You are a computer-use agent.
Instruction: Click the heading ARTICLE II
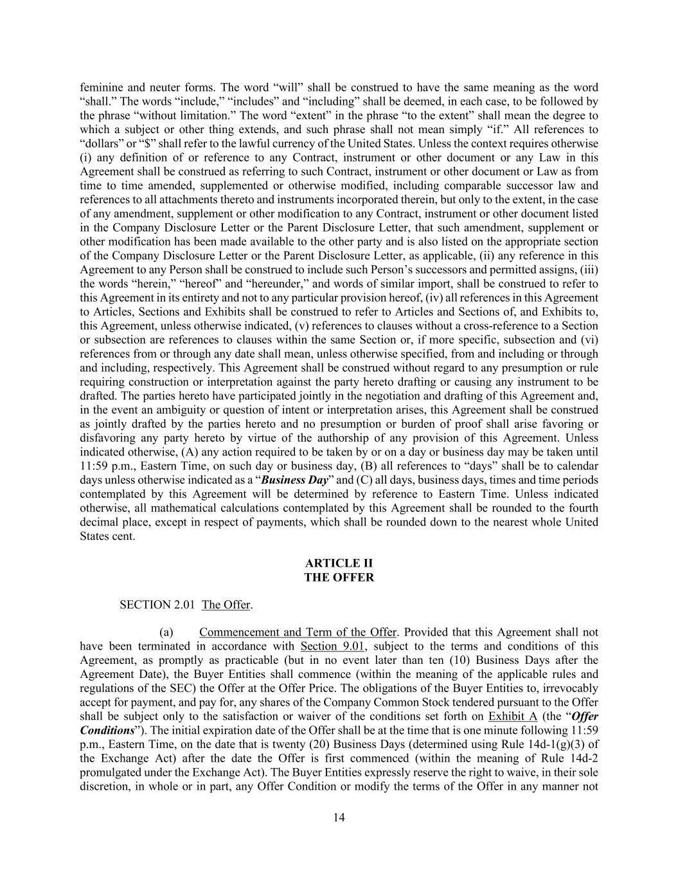pos(339,563)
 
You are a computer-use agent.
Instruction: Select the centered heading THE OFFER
pos(339,578)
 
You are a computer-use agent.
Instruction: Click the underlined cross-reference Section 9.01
pos(328,646)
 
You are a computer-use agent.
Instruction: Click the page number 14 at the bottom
pos(339,818)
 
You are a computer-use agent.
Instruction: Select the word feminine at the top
pos(102,87)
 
